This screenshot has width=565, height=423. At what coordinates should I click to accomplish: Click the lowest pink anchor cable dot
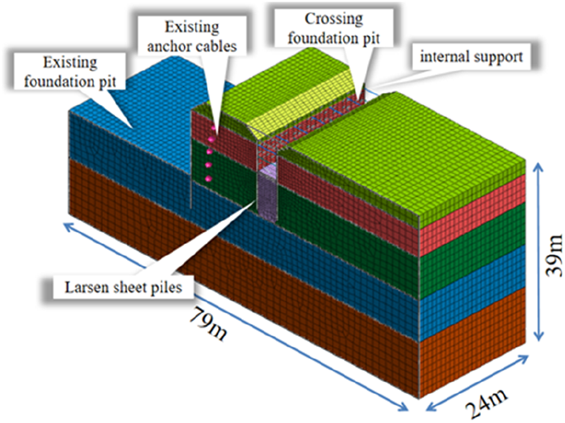[208, 178]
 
